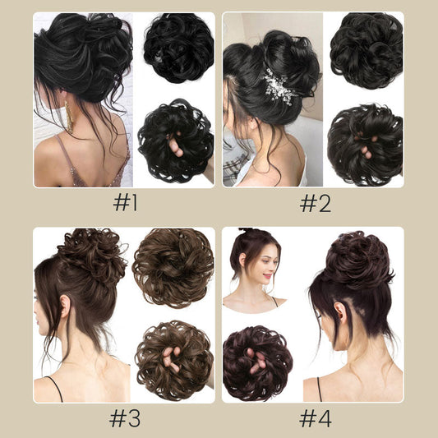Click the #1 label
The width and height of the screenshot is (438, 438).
[125, 202]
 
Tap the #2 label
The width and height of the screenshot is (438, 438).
[315, 203]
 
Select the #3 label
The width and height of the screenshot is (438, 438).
[125, 418]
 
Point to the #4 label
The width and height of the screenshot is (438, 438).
[316, 418]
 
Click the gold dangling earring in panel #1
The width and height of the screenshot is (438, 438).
[69, 117]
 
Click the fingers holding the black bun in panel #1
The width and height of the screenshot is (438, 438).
[175, 144]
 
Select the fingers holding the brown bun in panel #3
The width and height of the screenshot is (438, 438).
[171, 359]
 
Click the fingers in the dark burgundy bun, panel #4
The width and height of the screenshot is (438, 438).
[256, 362]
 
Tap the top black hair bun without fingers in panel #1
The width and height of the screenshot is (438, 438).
[178, 48]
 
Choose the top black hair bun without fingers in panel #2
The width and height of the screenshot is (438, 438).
[367, 50]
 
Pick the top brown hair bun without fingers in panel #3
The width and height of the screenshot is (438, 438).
[173, 268]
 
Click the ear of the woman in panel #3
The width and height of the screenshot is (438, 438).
[66, 307]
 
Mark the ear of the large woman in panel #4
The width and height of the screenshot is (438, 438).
[340, 312]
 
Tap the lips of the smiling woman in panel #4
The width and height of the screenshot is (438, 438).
[267, 276]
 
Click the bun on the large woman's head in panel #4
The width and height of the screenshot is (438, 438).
[357, 260]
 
